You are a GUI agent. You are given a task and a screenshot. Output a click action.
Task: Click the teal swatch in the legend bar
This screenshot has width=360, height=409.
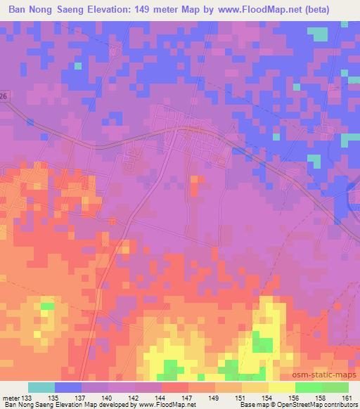pos(41,387)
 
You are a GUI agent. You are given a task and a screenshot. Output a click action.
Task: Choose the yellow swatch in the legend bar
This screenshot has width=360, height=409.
pos(281,387)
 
